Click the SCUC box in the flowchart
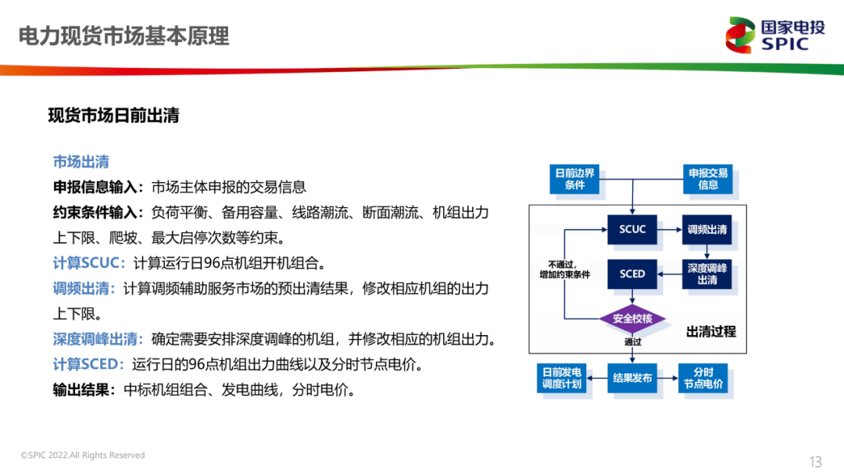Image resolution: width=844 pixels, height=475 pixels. pos(632,230)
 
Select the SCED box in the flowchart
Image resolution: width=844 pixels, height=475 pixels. pos(632,273)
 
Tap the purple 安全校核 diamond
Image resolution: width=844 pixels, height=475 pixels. pos(632,319)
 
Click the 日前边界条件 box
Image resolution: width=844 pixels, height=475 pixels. pos(574,179)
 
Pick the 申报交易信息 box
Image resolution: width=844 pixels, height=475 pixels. pos(708,179)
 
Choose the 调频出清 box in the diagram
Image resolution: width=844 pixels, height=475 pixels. pos(707,230)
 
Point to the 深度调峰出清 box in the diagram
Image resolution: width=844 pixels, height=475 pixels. pos(707,273)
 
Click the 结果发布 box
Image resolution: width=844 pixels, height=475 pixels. pos(632,378)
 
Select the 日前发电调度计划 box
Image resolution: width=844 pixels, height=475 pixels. pos(562,378)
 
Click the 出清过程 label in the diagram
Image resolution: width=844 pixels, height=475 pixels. pos(711,331)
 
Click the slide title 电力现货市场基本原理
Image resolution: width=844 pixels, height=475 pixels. pos(123,37)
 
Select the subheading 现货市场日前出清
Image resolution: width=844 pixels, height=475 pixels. pos(113,116)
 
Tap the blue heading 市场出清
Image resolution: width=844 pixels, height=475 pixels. pos(80,162)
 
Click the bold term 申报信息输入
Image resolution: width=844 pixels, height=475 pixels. pos(97,187)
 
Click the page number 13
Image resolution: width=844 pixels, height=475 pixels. pos(815,461)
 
